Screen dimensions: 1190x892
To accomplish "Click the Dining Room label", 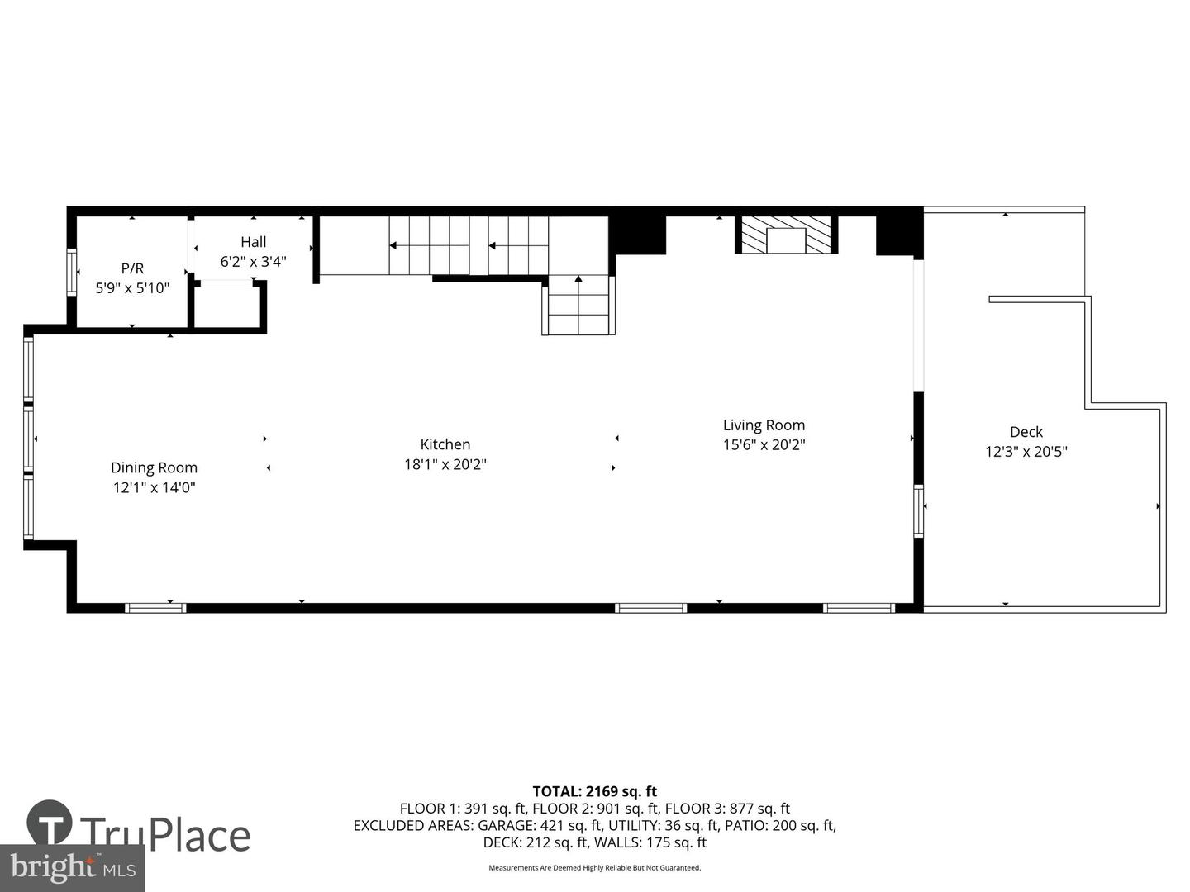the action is tap(154, 467).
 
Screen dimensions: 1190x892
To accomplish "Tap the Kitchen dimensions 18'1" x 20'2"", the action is tap(445, 464).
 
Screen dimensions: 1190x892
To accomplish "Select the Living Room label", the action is tap(764, 425).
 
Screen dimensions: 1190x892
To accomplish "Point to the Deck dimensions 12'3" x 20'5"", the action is tap(1026, 452).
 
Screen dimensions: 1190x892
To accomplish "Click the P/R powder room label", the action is tap(132, 268).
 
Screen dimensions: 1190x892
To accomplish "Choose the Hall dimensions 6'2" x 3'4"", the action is tap(253, 262).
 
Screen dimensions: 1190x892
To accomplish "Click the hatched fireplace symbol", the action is tap(786, 235).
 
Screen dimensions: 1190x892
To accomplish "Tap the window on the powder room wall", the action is tap(72, 272).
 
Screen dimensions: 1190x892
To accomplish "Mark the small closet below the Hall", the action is tap(227, 305).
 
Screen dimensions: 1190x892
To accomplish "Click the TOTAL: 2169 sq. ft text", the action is tap(594, 791).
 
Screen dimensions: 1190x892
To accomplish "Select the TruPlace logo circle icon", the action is tap(50, 822).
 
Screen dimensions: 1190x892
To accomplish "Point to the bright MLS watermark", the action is tap(73, 867).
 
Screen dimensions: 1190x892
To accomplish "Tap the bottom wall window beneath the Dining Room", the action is tap(155, 608).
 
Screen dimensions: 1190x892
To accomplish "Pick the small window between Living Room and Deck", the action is tap(918, 511).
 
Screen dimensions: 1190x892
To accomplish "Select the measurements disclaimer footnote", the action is tap(595, 867).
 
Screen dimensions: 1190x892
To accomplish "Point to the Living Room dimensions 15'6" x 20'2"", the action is tap(764, 444).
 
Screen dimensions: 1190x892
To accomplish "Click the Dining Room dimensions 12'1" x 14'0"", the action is tap(154, 487).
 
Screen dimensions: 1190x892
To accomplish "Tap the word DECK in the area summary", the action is tap(502, 842).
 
